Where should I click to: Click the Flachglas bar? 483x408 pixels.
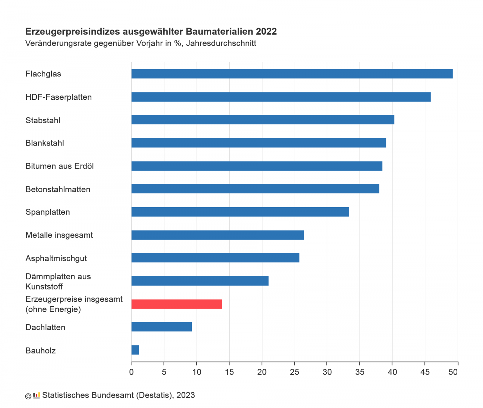(292, 74)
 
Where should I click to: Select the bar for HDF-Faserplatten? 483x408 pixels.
(281, 97)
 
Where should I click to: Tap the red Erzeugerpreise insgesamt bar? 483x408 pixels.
(177, 304)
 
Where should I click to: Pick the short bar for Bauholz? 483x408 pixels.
(135, 350)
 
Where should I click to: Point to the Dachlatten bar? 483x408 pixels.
(162, 327)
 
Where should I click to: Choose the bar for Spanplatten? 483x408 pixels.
(240, 212)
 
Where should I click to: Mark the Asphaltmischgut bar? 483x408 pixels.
(215, 258)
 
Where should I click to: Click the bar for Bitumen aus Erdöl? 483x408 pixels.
(257, 166)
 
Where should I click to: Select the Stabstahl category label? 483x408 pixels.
(43, 120)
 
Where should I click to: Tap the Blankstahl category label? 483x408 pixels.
(45, 143)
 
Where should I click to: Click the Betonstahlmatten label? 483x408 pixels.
(58, 189)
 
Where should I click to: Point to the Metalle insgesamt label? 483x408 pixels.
(59, 235)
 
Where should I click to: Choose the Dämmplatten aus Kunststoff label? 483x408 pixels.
(58, 281)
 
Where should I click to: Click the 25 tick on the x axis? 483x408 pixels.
(295, 372)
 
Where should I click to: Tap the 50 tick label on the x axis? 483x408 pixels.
(453, 372)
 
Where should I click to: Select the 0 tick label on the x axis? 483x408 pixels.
(131, 372)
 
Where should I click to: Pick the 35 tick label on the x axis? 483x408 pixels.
(360, 372)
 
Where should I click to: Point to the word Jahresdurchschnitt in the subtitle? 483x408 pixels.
(221, 43)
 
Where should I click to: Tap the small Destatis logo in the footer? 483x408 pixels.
(37, 395)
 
